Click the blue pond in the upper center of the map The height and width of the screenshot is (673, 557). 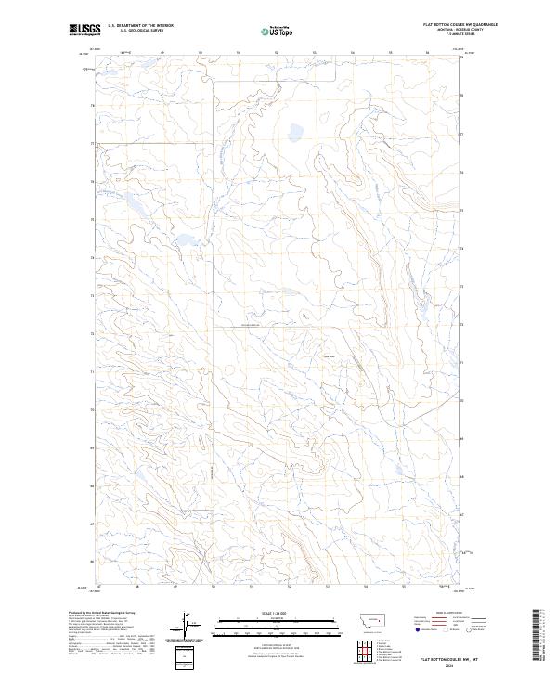[297, 131]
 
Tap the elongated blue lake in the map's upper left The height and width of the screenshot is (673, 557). [184, 241]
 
